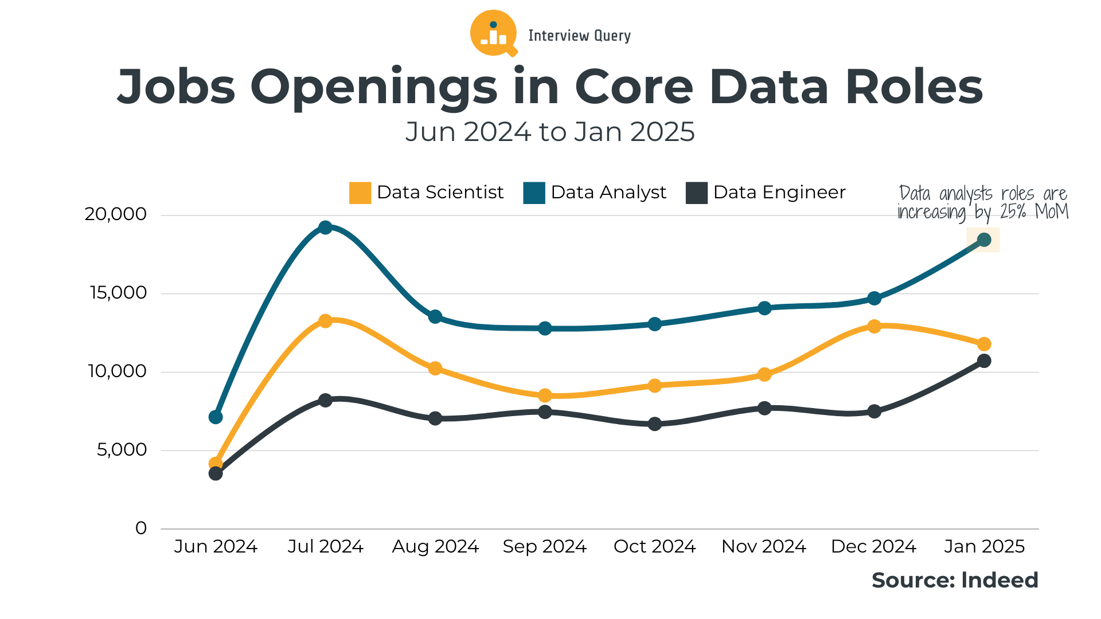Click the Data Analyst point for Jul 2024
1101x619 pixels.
[x=325, y=228]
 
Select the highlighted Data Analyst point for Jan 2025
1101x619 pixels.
[x=984, y=240]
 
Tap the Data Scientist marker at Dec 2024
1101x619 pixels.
[x=874, y=326]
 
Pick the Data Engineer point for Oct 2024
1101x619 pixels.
[x=655, y=424]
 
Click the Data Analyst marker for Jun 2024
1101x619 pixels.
[x=216, y=417]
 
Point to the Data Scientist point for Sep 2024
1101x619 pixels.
[x=545, y=395]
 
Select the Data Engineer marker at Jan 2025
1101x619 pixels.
[x=984, y=361]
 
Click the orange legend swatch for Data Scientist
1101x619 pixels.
[x=360, y=193]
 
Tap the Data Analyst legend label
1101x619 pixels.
[x=608, y=193]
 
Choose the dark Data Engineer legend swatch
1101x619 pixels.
[x=696, y=193]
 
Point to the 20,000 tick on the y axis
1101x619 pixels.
[x=116, y=214]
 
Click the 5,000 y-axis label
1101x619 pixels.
[x=122, y=450]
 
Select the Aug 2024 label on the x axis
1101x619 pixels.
[x=435, y=546]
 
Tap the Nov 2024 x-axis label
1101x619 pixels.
[x=764, y=546]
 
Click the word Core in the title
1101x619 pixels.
[x=634, y=87]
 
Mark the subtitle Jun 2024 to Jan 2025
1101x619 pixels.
[x=550, y=132]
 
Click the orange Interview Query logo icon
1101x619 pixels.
[x=493, y=33]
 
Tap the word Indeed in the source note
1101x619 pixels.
[x=1000, y=580]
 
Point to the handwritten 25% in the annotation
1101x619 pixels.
[x=1013, y=212]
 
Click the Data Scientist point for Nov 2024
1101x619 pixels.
[x=764, y=375]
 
